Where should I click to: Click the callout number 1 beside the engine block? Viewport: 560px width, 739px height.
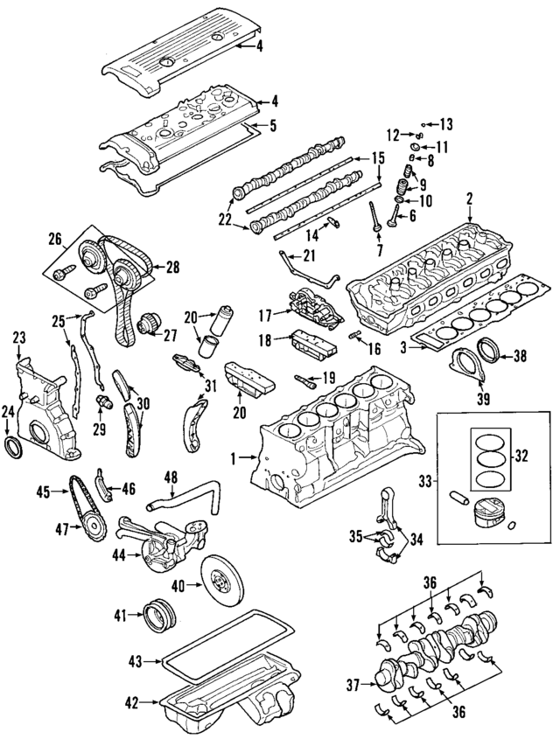tap(234, 457)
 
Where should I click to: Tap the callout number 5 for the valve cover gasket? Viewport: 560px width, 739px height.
tap(272, 125)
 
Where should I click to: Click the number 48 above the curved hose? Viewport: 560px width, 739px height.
tap(171, 478)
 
